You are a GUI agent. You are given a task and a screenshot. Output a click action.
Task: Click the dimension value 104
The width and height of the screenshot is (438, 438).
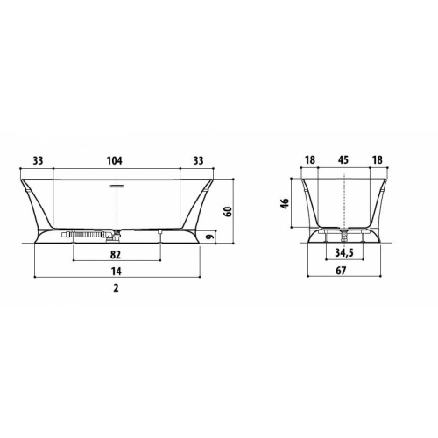point(115,160)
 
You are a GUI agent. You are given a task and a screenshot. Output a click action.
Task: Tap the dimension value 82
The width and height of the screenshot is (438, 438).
point(116,255)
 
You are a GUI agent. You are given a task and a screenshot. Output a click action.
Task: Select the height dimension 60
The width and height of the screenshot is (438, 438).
point(228,211)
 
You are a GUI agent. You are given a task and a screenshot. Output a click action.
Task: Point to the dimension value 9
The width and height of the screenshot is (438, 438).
point(210,237)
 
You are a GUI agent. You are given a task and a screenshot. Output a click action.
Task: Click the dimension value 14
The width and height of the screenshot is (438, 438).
point(116,272)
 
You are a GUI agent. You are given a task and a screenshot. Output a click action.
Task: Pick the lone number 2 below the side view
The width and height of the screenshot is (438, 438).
point(116,288)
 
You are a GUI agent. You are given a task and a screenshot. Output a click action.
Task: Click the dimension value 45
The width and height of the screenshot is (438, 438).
point(343,160)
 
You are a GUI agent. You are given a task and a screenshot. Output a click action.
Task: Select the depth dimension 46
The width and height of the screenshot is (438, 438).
point(285,203)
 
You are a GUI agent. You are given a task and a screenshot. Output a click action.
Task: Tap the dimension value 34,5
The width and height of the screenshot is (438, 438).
point(344,253)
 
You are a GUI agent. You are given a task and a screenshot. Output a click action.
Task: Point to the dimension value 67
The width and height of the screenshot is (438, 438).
point(341,271)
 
